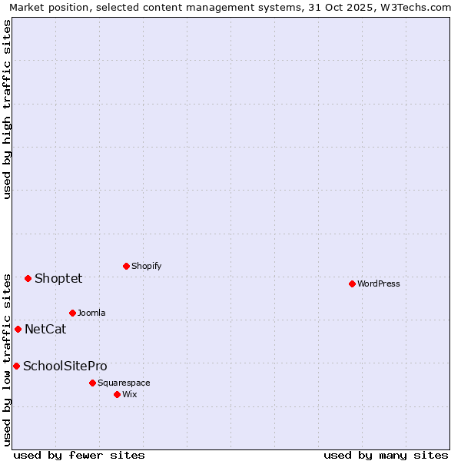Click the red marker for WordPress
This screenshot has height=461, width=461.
tap(352, 284)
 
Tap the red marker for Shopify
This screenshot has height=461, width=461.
tap(126, 266)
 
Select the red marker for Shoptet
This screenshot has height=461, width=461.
tap(28, 278)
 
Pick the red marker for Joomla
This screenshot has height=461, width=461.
tap(72, 313)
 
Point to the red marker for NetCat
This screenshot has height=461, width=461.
tap(18, 329)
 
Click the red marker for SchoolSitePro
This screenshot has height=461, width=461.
tap(16, 366)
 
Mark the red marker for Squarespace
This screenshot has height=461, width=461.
tap(92, 383)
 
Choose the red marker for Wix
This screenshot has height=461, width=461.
tap(117, 394)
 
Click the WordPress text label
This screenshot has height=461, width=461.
tap(379, 284)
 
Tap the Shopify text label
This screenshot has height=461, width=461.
tap(146, 266)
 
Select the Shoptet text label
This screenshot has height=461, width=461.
tap(58, 278)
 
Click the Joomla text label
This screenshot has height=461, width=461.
tap(91, 313)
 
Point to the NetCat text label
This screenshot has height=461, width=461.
tap(45, 329)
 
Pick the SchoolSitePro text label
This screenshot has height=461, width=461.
tap(65, 366)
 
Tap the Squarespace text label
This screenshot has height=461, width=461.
tap(124, 383)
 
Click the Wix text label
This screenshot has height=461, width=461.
tap(130, 394)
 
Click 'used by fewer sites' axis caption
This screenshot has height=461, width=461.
tap(79, 455)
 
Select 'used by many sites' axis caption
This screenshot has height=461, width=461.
tap(386, 455)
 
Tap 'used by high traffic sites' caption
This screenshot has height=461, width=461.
tap(7, 109)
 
